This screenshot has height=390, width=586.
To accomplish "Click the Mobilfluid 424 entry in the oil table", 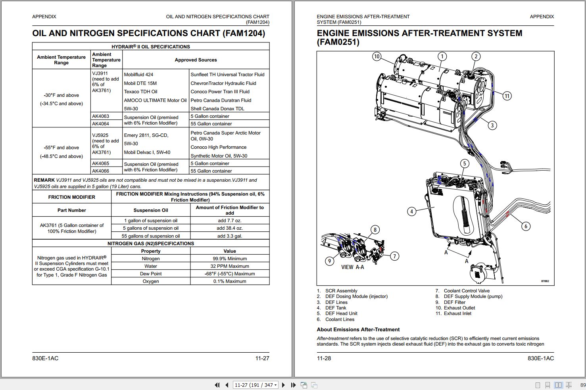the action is click(138, 75).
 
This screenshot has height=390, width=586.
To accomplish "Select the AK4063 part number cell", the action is click(100, 116).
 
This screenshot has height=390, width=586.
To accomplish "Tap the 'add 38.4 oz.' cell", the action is click(229, 228).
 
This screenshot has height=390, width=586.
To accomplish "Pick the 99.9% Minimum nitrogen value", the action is click(229, 259).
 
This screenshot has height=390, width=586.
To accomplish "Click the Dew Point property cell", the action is click(151, 274).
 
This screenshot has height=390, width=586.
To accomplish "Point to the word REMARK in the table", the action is click(44, 180).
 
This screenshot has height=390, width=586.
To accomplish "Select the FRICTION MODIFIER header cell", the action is click(72, 197).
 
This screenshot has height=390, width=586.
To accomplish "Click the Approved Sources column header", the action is click(196, 60).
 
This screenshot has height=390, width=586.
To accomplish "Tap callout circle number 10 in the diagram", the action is click(377, 56).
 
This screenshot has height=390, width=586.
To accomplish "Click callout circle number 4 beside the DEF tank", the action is click(412, 211).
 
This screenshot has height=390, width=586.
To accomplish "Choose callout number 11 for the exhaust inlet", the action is click(507, 96).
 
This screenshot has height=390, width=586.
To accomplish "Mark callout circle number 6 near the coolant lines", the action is click(526, 226).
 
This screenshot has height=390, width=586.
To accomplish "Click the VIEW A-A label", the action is click(352, 267).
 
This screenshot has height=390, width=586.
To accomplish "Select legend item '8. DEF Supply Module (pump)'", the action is click(469, 296).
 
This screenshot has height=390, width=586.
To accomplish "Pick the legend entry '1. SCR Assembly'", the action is click(337, 290).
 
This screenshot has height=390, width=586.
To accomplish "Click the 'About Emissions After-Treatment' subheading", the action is click(358, 330).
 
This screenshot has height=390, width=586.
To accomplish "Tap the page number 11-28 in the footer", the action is click(324, 358).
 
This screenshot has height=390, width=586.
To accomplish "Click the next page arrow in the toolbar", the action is click(283, 385).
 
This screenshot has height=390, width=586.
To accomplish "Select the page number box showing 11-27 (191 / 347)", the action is click(256, 385).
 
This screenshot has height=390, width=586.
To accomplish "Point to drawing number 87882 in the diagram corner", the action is click(545, 281).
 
